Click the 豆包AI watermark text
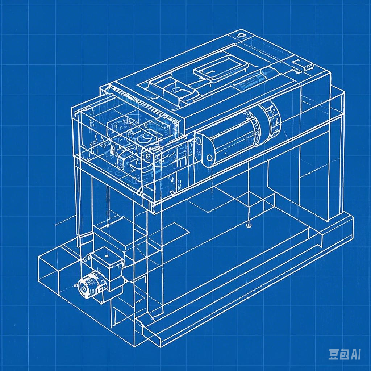[344, 354]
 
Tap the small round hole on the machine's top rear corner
[241, 36]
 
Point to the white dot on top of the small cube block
[106, 256]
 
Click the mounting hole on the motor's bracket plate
[209, 158]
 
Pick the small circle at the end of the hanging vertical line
[248, 225]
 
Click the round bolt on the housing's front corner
[148, 156]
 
